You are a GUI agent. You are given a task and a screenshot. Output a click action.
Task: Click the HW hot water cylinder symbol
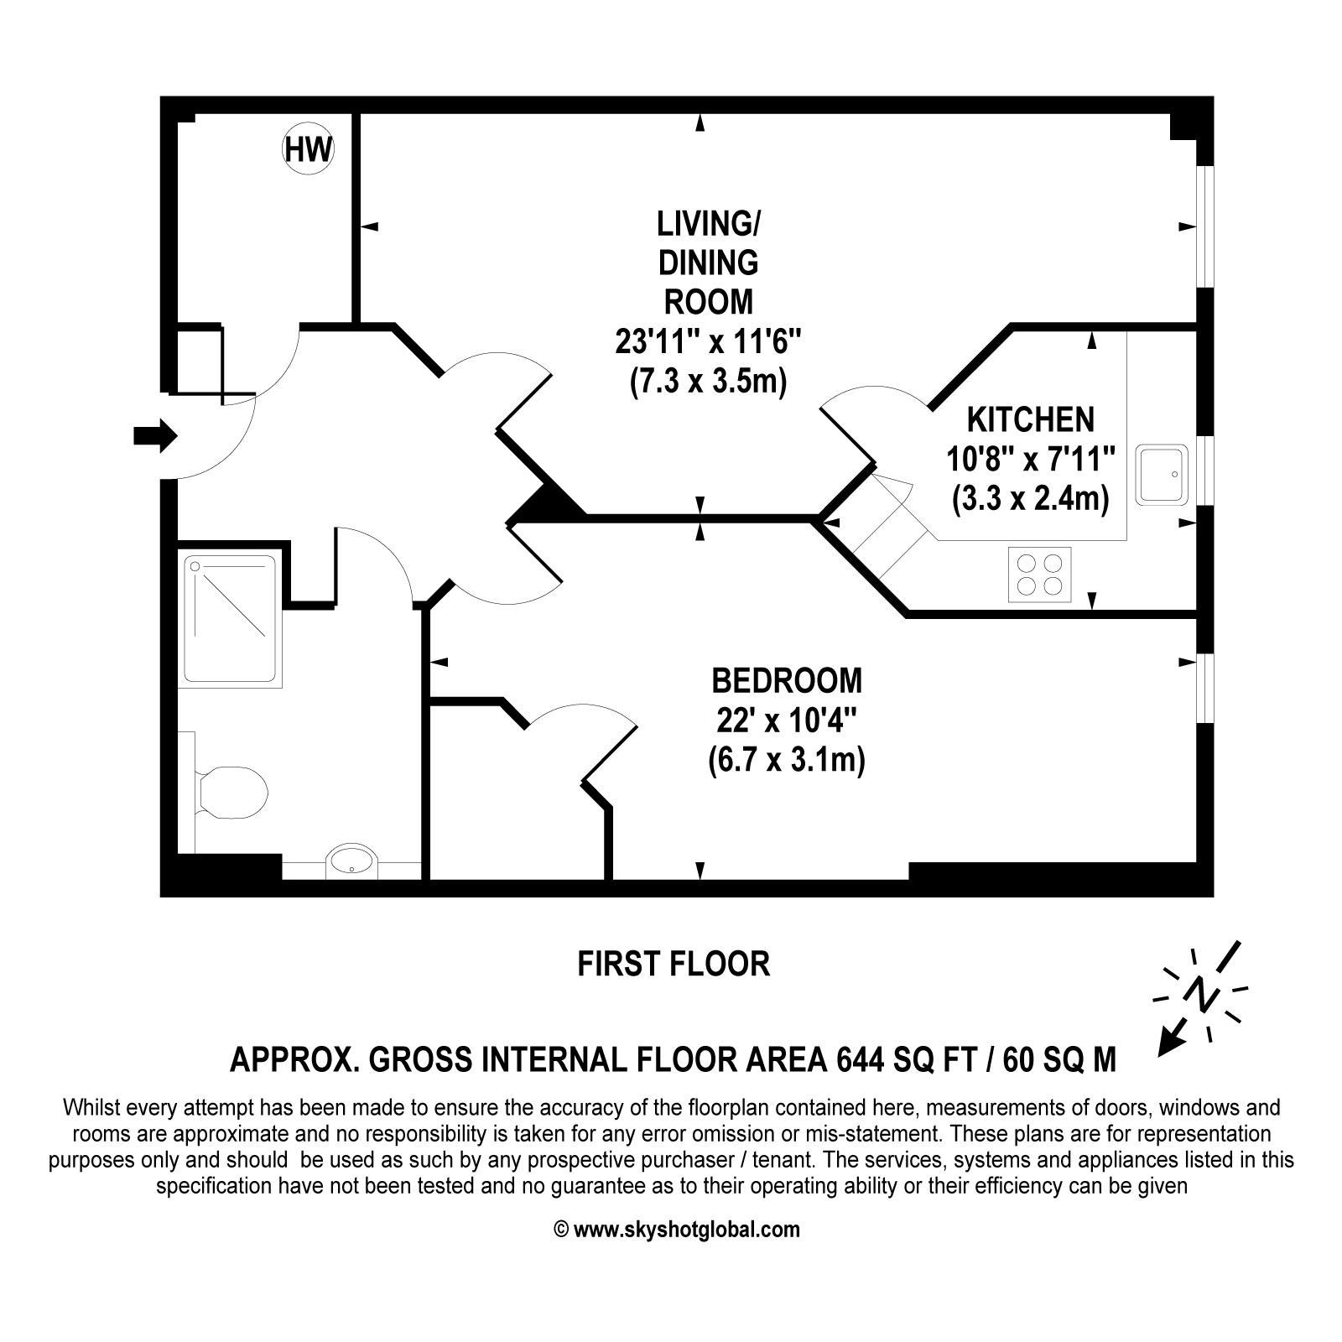click(308, 149)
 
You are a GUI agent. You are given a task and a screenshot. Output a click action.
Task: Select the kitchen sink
click(1162, 475)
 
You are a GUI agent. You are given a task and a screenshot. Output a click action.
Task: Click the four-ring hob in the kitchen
click(1039, 574)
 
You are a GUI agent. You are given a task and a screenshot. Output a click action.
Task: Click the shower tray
click(229, 619)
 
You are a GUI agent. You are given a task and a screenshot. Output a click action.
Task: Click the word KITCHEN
click(1030, 419)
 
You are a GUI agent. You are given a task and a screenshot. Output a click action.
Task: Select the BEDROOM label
click(786, 680)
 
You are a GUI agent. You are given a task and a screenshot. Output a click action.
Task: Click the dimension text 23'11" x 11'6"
click(708, 342)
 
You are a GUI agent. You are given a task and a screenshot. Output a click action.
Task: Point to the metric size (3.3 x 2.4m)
click(1030, 500)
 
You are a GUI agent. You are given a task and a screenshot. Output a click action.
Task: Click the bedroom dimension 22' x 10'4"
click(786, 720)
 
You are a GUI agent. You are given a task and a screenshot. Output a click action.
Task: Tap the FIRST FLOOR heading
click(674, 964)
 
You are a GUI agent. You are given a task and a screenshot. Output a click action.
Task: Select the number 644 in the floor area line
click(860, 1060)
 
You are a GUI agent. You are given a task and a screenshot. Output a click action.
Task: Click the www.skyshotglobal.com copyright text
click(677, 1230)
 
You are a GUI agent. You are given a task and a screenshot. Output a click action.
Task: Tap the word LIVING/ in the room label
click(708, 224)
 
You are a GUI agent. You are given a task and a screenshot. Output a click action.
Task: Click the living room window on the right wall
click(1204, 226)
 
